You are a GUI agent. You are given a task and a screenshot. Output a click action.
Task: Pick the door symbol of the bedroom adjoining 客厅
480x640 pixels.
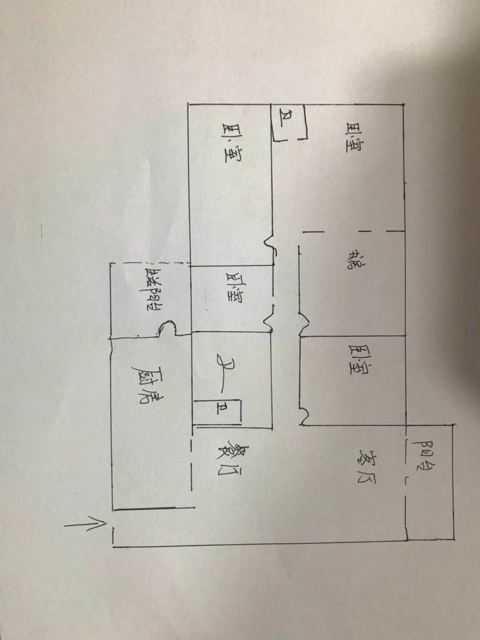coord(303,416)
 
